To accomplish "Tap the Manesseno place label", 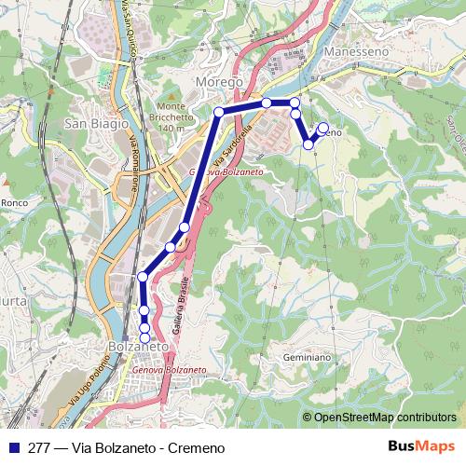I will (355, 53).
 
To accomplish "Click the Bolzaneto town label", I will (138, 347).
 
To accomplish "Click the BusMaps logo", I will (421, 446).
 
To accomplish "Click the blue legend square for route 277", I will (13, 447).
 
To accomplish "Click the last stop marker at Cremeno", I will (323, 128).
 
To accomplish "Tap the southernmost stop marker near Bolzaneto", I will (144, 337).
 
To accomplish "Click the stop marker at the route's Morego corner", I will (219, 112).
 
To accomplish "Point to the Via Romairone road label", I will (134, 164).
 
